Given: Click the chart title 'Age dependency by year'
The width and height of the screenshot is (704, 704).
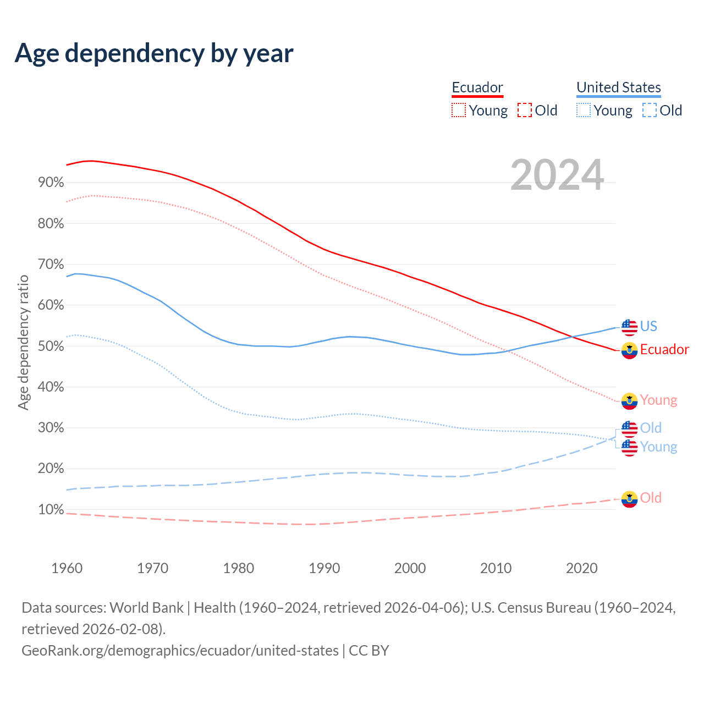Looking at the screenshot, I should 154,53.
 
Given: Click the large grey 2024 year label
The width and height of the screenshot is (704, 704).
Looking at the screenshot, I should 557,175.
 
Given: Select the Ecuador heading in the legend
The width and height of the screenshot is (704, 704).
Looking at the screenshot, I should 477,87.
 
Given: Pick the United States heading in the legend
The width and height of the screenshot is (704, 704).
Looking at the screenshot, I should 619,87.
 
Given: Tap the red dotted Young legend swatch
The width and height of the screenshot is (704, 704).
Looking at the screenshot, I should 458,110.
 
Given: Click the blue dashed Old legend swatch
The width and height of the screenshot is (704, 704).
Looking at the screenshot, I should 649,110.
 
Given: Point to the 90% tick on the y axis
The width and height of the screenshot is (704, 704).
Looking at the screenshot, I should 51,182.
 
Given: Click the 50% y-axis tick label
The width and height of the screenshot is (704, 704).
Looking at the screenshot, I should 51,346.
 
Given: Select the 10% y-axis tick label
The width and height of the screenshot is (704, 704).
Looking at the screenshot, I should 51,509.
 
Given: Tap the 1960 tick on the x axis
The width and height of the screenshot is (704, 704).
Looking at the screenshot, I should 67,568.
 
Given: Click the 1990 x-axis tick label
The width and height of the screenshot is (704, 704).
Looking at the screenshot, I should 324,568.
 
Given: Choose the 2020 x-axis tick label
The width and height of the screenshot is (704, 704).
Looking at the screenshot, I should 582,568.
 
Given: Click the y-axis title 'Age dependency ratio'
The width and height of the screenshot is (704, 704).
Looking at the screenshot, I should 23,343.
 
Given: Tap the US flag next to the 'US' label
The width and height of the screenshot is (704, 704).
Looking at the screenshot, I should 629,327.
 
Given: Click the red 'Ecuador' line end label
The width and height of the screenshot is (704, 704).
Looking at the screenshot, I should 664,349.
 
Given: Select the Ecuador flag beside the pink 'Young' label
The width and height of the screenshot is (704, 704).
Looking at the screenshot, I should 629,400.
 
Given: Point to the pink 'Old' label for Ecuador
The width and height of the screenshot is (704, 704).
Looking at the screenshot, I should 651,498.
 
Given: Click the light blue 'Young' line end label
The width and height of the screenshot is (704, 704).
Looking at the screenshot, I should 658,447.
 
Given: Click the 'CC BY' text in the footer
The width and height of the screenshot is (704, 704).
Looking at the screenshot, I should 369,650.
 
